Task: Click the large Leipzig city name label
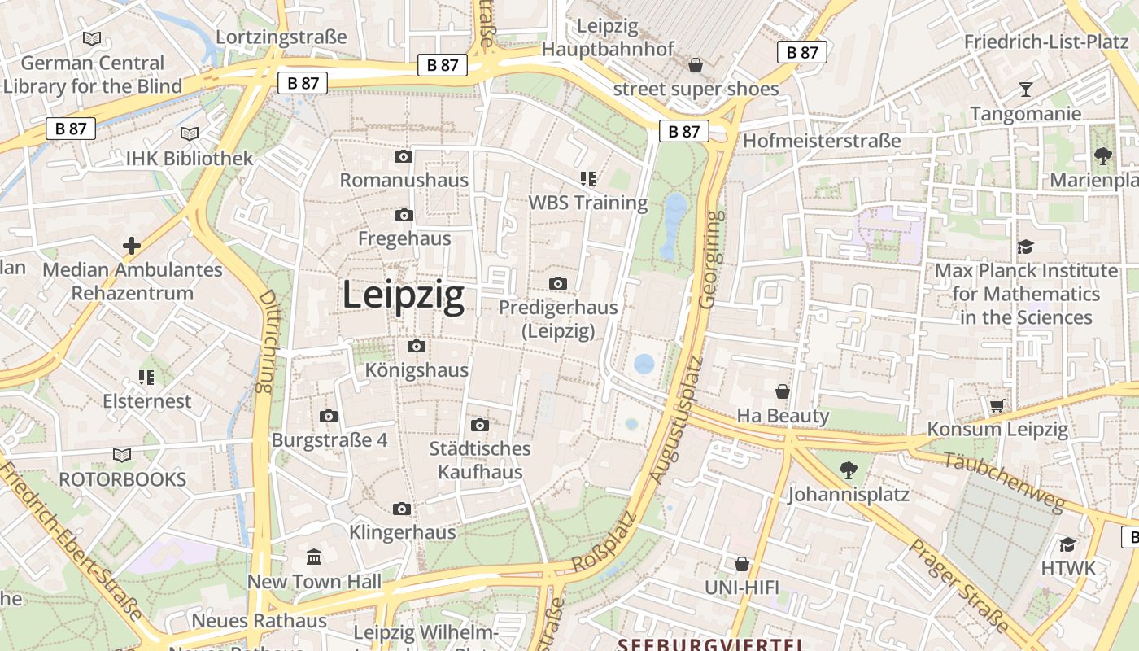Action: [403, 295]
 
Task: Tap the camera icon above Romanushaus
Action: [404, 157]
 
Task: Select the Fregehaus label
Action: [404, 238]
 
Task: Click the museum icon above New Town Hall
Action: [314, 557]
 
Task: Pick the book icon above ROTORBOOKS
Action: [122, 456]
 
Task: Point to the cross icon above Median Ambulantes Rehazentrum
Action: [132, 246]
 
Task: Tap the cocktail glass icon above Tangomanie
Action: [1025, 90]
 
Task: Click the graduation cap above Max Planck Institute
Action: [1026, 247]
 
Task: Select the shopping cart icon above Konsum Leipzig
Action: [997, 405]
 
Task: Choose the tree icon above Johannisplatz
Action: [849, 470]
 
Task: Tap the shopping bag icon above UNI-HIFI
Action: [742, 564]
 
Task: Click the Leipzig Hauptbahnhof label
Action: [608, 37]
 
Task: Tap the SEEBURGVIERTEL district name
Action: [710, 644]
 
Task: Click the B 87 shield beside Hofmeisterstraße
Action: [683, 131]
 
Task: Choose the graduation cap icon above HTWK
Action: [1068, 544]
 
